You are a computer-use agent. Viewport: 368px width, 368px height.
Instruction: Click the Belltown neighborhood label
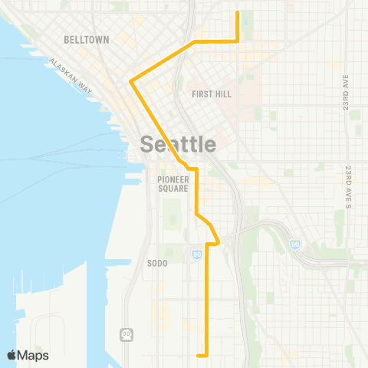[87, 39]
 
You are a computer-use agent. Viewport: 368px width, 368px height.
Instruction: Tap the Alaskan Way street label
[71, 77]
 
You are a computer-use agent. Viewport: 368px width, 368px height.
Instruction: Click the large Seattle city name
[178, 144]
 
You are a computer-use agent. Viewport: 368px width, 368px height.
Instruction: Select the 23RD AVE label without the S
[347, 92]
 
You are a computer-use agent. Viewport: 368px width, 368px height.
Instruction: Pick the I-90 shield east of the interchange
[295, 244]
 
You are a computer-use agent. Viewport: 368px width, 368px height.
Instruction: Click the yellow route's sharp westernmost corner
[132, 80]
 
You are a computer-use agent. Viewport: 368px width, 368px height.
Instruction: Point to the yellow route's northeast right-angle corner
[238, 40]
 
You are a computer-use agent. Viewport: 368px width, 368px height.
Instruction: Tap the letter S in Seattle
[147, 144]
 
